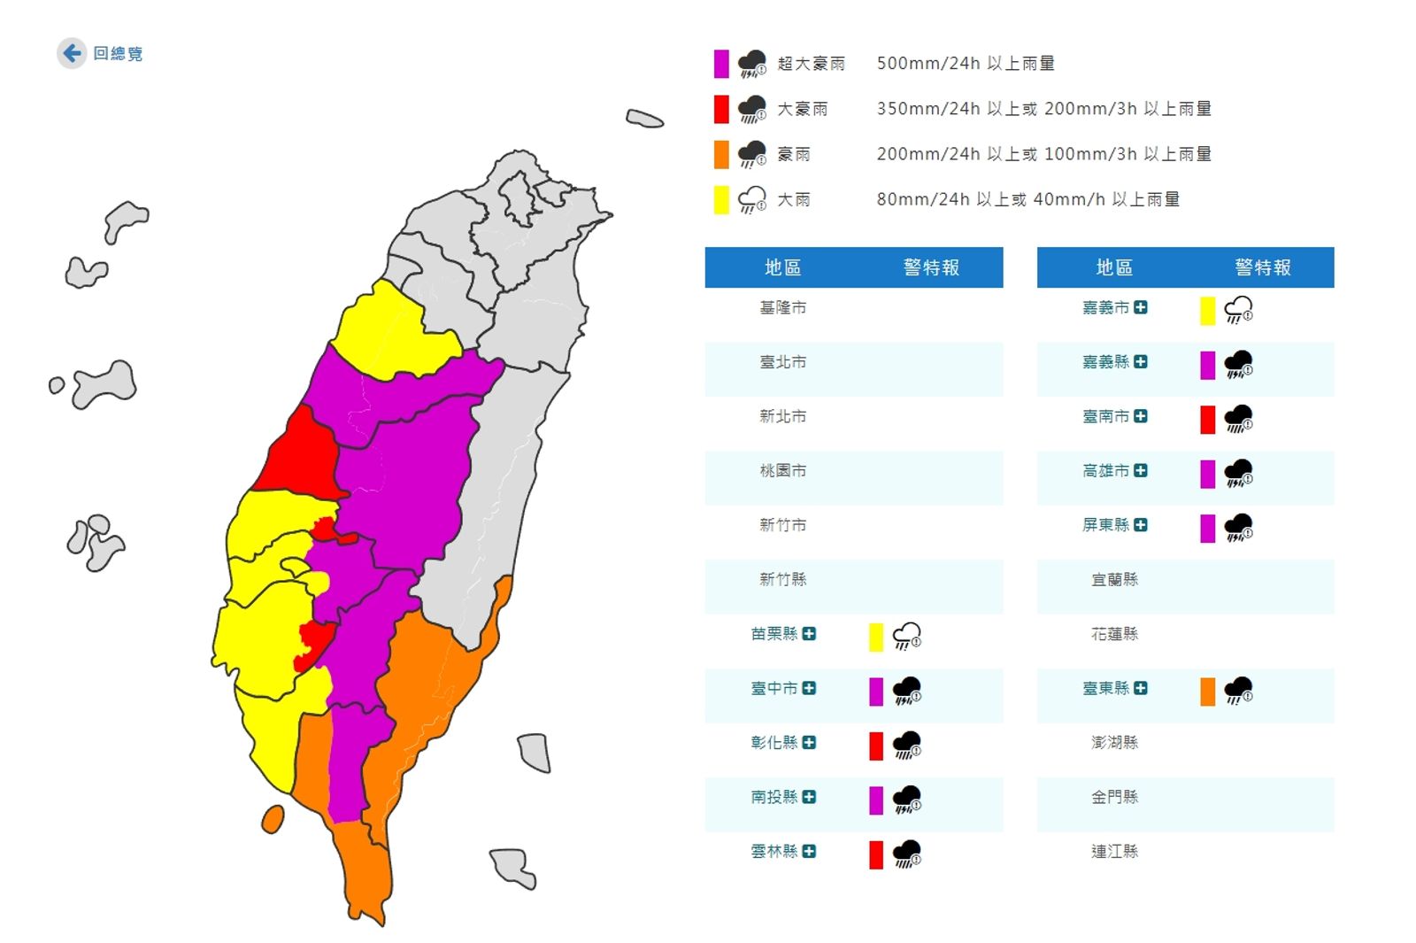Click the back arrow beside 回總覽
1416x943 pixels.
pos(72,53)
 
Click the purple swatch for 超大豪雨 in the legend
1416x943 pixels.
pos(721,64)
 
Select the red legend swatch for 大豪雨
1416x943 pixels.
pos(721,109)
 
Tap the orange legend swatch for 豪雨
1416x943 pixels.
pos(721,154)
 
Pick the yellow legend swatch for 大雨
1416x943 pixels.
pos(721,199)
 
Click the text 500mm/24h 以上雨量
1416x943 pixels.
pos(965,64)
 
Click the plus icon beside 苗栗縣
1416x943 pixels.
pos(809,634)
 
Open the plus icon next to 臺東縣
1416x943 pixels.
pos(1141,688)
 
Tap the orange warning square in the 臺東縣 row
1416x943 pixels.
pos(1207,692)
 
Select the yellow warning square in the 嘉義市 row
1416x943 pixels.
pos(1207,311)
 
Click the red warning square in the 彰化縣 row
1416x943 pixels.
pos(876,746)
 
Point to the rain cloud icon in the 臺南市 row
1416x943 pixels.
pos(1238,419)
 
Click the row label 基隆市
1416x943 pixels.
pos(782,307)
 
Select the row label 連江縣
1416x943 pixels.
pos(1114,851)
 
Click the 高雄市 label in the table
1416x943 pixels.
pos(1105,471)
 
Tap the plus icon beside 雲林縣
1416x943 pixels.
pos(809,851)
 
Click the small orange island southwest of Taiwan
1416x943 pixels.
pos(273,819)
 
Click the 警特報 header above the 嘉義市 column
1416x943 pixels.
pos(1263,267)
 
